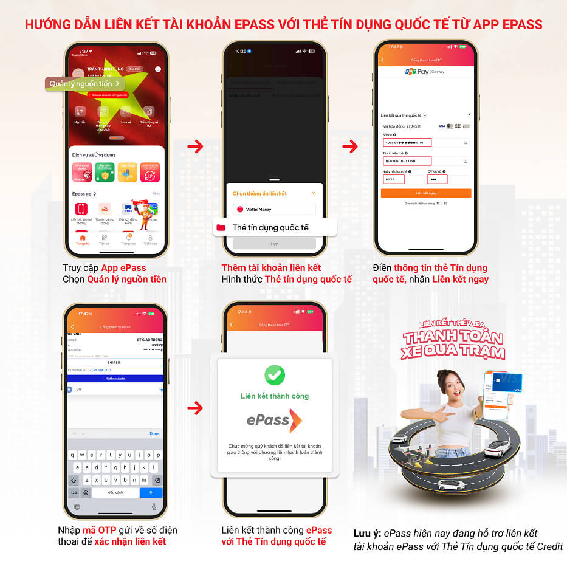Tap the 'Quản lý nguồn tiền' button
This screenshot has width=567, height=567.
[x=85, y=84]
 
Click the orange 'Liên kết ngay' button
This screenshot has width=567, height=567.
[x=426, y=193]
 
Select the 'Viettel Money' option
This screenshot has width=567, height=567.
[x=274, y=209]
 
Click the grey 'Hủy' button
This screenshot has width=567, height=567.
[x=274, y=243]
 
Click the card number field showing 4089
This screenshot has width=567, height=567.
[x=407, y=143]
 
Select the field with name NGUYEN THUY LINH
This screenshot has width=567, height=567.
[x=407, y=161]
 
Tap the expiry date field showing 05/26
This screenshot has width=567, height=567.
[x=394, y=179]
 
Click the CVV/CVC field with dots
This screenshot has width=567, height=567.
[x=438, y=179]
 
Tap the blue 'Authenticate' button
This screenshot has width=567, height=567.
[x=115, y=378]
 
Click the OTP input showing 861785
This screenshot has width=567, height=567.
[x=115, y=363]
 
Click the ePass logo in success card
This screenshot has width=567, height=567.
[x=274, y=420]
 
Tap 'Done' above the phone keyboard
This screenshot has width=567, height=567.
[x=154, y=433]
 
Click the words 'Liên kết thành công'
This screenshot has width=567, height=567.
[x=275, y=396]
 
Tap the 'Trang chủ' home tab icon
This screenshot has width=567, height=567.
[x=82, y=238]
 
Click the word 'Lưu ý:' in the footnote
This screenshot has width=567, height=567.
[x=366, y=534]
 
